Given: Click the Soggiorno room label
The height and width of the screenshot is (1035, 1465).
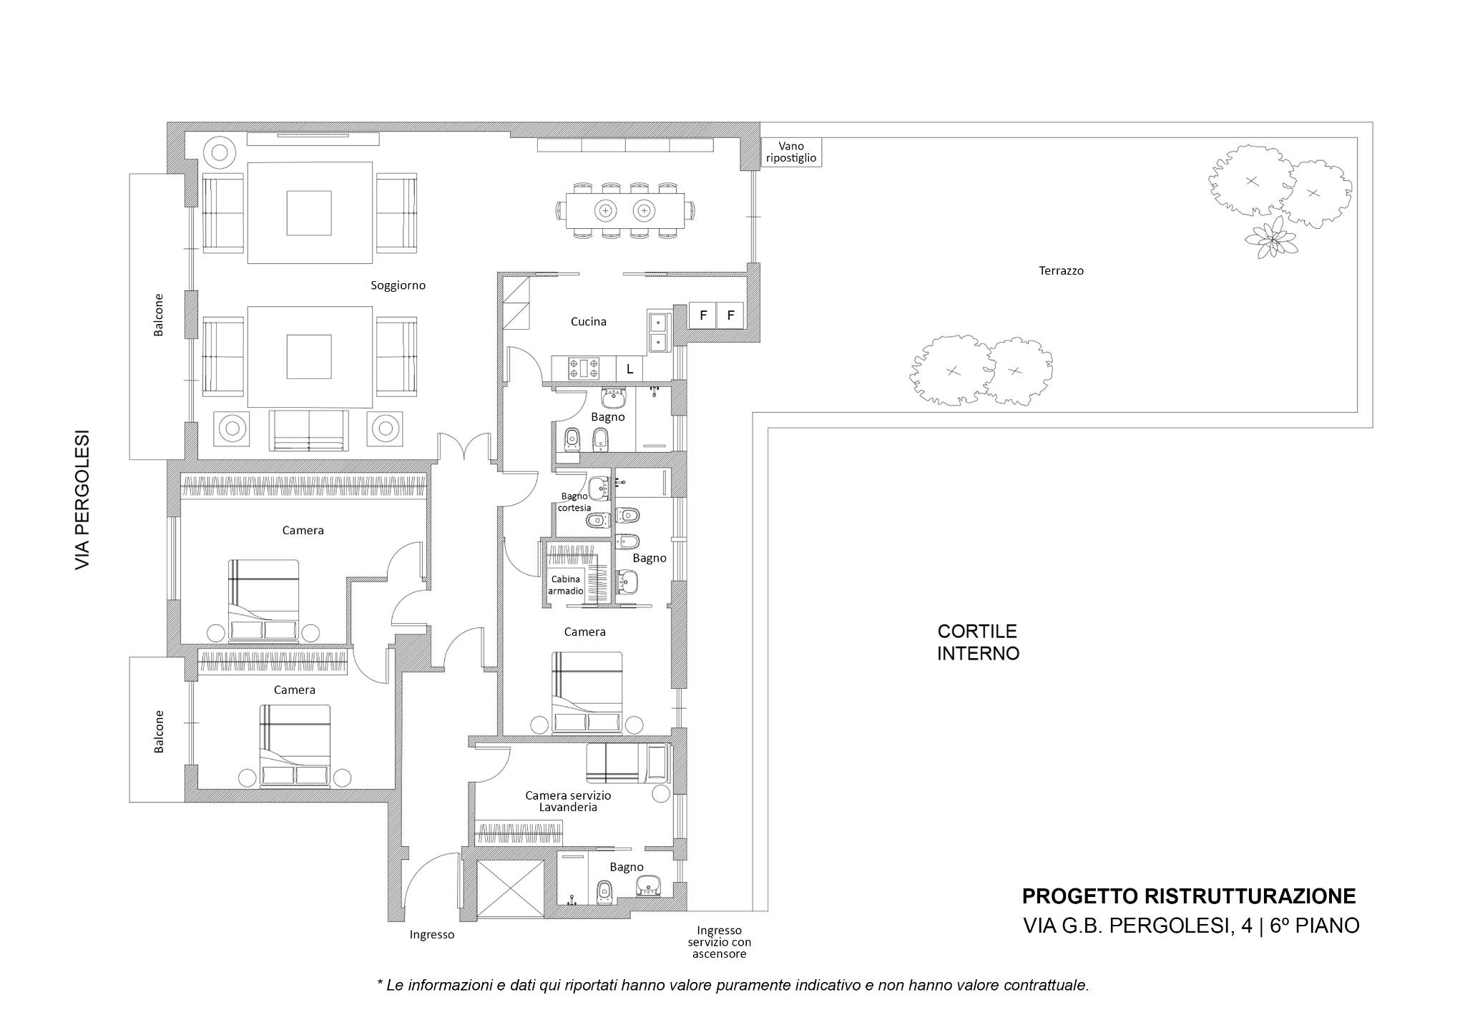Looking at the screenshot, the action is click(398, 285).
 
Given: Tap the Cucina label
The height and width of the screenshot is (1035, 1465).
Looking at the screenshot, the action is click(588, 322).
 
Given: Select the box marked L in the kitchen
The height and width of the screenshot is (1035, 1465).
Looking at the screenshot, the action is click(629, 369).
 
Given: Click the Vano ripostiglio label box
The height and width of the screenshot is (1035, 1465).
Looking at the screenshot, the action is click(791, 152).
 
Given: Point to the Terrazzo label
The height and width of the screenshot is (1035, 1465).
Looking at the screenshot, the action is click(1061, 271).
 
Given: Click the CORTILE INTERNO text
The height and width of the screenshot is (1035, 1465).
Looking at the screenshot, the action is click(978, 642).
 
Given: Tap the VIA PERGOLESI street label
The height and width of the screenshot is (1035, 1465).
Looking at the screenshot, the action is click(83, 499).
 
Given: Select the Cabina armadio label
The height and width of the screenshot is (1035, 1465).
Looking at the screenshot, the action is click(566, 585).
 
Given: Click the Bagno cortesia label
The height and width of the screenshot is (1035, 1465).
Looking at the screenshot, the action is click(576, 502).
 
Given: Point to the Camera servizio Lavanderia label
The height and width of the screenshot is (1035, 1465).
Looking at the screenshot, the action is click(568, 801).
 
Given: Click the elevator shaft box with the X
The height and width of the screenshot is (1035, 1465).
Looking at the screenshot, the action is click(510, 888).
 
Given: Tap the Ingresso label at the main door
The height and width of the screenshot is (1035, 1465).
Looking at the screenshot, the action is click(431, 934).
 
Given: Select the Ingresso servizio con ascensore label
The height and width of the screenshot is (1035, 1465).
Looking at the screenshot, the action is click(720, 942).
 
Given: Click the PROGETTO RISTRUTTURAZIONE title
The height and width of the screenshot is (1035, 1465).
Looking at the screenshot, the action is click(1189, 896).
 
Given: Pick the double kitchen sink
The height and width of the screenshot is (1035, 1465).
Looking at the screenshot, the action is click(658, 333).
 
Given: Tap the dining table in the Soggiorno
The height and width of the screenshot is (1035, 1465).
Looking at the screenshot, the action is click(625, 210).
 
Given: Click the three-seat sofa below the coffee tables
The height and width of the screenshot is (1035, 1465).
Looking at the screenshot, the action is click(309, 431).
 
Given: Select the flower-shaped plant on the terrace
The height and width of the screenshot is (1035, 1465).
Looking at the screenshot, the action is click(1271, 237).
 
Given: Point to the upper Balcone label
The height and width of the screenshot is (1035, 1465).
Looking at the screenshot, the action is click(159, 315).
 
